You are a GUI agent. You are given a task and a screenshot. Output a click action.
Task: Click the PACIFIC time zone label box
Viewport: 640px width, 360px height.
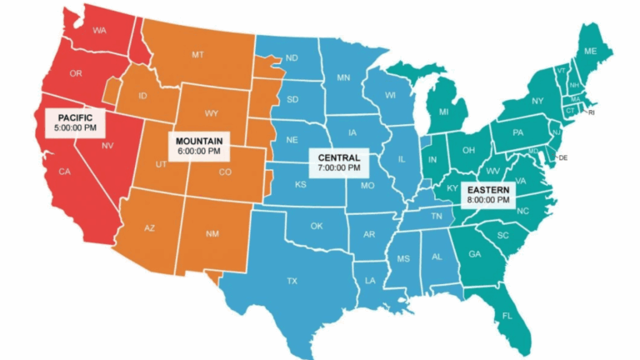point(75,122)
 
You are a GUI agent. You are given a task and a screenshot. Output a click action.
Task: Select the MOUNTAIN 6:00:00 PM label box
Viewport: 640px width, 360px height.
point(198,146)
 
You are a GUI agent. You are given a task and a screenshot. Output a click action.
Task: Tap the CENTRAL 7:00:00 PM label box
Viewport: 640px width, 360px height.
point(339,162)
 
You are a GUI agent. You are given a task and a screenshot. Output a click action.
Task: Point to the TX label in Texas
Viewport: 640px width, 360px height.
point(292,281)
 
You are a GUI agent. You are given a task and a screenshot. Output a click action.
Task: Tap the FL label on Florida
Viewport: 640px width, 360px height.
point(506,316)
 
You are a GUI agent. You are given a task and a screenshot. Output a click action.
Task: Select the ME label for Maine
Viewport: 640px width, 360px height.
point(590,52)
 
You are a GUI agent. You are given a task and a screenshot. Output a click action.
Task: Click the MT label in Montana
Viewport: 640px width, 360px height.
point(197,55)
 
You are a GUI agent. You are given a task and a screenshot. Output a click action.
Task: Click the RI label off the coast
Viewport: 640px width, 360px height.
point(592,112)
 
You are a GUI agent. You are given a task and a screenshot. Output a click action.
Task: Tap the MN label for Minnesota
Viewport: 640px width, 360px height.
point(343,77)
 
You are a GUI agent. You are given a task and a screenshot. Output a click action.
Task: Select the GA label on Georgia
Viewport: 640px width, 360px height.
point(475,255)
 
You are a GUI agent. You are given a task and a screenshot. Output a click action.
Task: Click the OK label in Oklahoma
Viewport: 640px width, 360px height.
point(317,226)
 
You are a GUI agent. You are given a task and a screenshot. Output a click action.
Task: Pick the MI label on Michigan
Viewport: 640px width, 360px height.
point(442,111)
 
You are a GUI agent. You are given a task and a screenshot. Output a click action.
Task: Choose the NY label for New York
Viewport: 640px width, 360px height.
point(537,102)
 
